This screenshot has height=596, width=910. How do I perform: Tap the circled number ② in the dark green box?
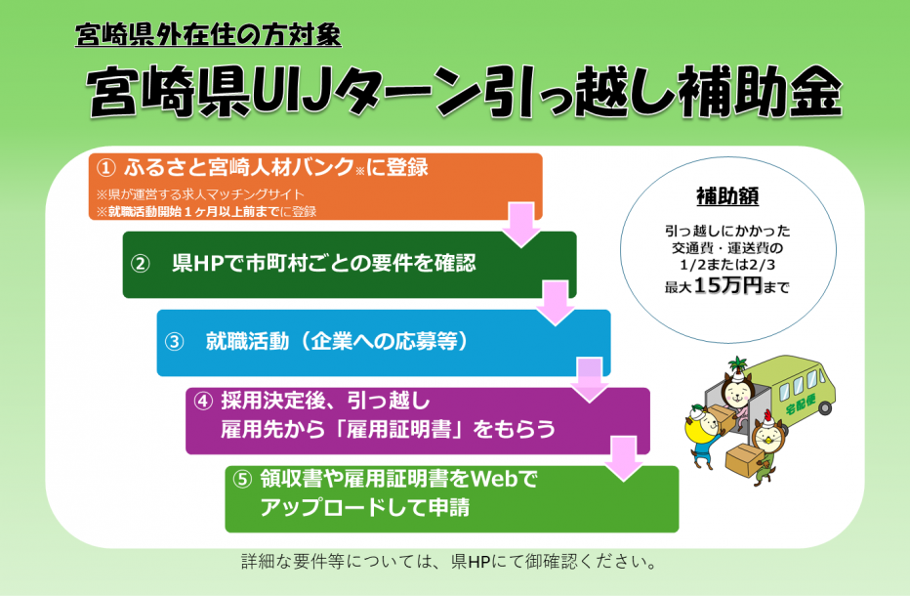141,264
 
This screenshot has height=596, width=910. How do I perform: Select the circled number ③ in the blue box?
175,342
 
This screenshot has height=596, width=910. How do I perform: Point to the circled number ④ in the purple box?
203,401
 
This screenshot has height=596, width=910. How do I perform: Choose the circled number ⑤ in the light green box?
243,479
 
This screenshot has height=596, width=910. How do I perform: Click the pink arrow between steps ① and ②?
521,225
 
